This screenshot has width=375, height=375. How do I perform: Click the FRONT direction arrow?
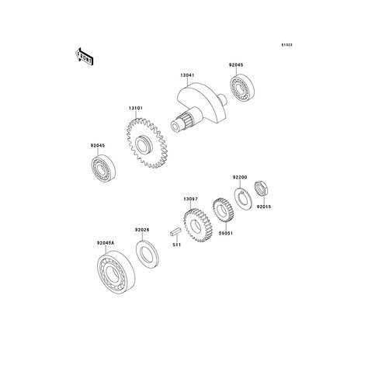click(84, 57)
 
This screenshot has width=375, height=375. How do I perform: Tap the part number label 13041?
click(187, 75)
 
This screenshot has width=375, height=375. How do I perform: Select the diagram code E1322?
click(287, 45)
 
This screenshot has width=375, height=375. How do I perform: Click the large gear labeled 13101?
click(147, 144)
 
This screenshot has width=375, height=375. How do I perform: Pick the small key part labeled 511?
click(175, 231)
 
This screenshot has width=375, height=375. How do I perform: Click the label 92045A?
click(106, 243)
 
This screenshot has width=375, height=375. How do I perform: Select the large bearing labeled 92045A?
click(116, 273)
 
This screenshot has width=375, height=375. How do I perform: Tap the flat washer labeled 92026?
click(148, 254)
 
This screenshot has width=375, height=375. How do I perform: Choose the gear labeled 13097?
click(198, 225)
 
